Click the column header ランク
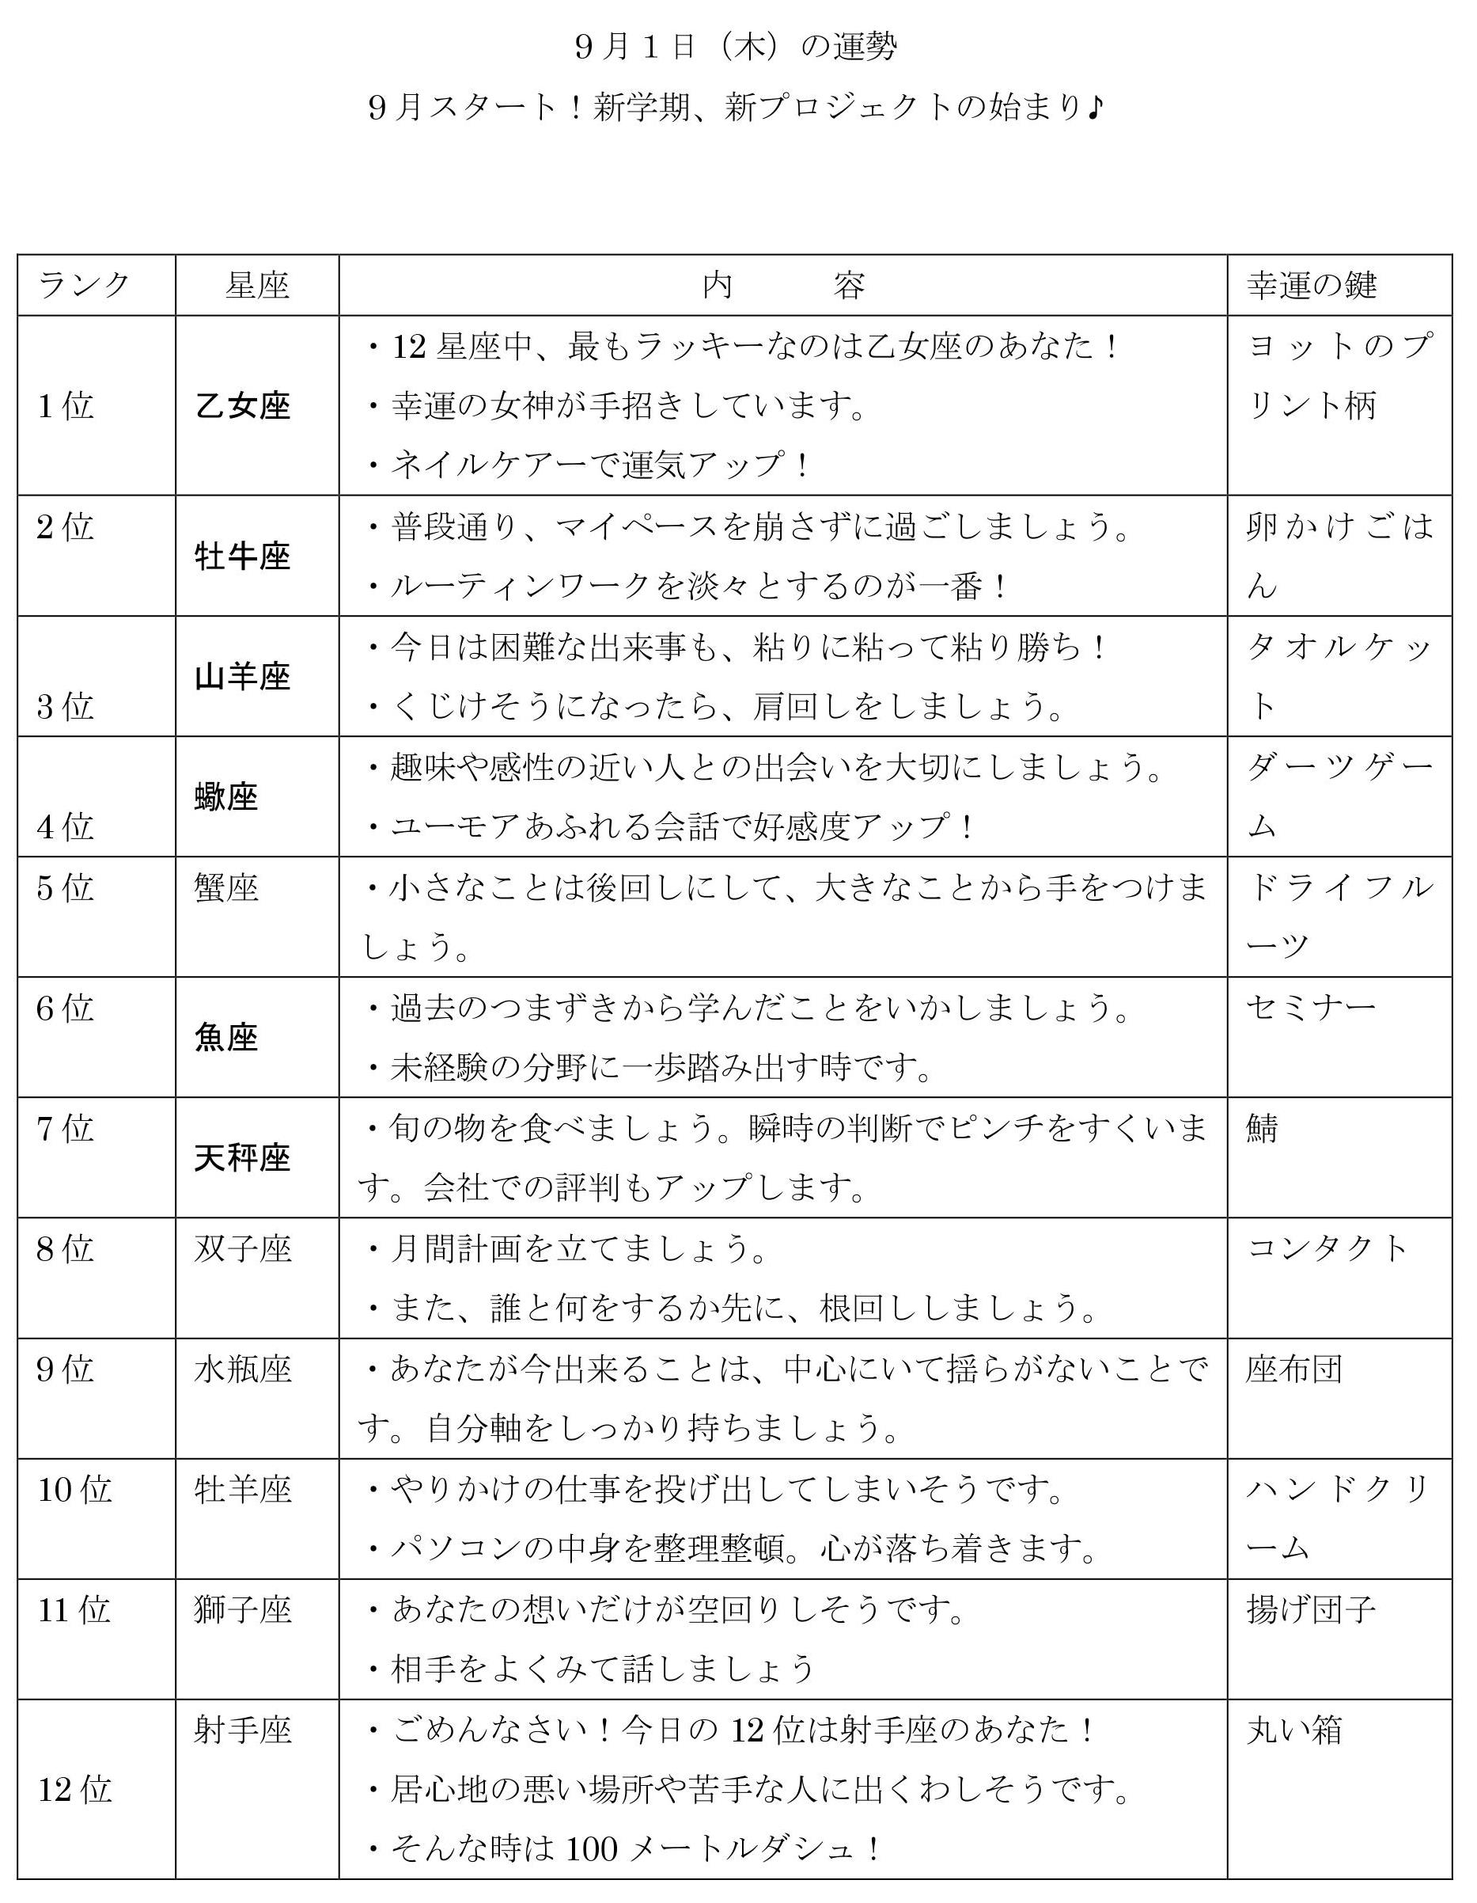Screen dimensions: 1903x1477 tap(84, 285)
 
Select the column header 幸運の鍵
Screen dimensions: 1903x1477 tap(1312, 285)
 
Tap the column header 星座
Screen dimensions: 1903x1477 tap(257, 285)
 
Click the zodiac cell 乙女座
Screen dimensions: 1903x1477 tap(242, 406)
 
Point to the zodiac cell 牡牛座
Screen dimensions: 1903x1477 tap(242, 556)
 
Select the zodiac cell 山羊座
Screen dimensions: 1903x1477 tap(242, 676)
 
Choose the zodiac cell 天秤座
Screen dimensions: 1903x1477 tap(242, 1158)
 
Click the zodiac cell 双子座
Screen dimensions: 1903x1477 tap(242, 1248)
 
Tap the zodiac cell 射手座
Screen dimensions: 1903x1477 tap(242, 1730)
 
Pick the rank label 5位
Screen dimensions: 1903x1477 tap(66, 888)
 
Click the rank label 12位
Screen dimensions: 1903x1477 tap(75, 1790)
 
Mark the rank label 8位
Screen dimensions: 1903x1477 tap(66, 1248)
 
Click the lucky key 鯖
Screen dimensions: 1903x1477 tap(1262, 1128)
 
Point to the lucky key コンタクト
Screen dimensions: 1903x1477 tap(1327, 1248)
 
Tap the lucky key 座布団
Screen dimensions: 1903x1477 tap(1294, 1369)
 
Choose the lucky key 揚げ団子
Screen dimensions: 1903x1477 tap(1311, 1609)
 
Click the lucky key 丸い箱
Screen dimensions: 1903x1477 tap(1294, 1730)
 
